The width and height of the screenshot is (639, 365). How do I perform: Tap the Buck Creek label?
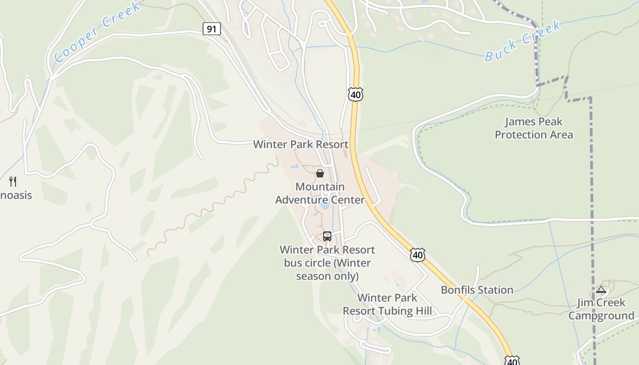click(x=523, y=41)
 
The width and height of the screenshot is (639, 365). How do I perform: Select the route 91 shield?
click(x=211, y=29)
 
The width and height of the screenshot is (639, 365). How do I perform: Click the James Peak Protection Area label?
click(x=534, y=128)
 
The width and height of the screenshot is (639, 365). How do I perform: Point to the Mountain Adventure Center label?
click(x=320, y=193)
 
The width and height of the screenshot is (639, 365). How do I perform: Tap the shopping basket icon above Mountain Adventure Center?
click(x=320, y=173)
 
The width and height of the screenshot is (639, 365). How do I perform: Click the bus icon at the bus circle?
click(x=327, y=236)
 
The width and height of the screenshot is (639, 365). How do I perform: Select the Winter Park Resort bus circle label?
click(x=327, y=263)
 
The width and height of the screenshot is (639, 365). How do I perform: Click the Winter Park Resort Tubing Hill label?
click(x=387, y=304)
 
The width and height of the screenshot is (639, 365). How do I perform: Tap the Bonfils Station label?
click(x=477, y=290)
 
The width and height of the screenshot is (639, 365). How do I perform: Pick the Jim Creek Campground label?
click(x=601, y=309)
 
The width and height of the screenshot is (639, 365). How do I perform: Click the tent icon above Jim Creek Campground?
click(x=601, y=289)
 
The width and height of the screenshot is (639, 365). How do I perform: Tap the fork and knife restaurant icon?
click(x=13, y=182)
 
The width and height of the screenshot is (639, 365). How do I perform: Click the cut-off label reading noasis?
click(x=16, y=195)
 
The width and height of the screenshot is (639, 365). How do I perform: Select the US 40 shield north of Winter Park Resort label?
click(x=355, y=94)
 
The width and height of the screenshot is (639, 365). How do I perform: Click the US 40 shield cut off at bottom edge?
click(x=512, y=360)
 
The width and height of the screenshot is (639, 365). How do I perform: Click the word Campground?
click(x=601, y=316)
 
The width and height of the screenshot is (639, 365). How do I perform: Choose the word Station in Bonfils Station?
click(x=495, y=290)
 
